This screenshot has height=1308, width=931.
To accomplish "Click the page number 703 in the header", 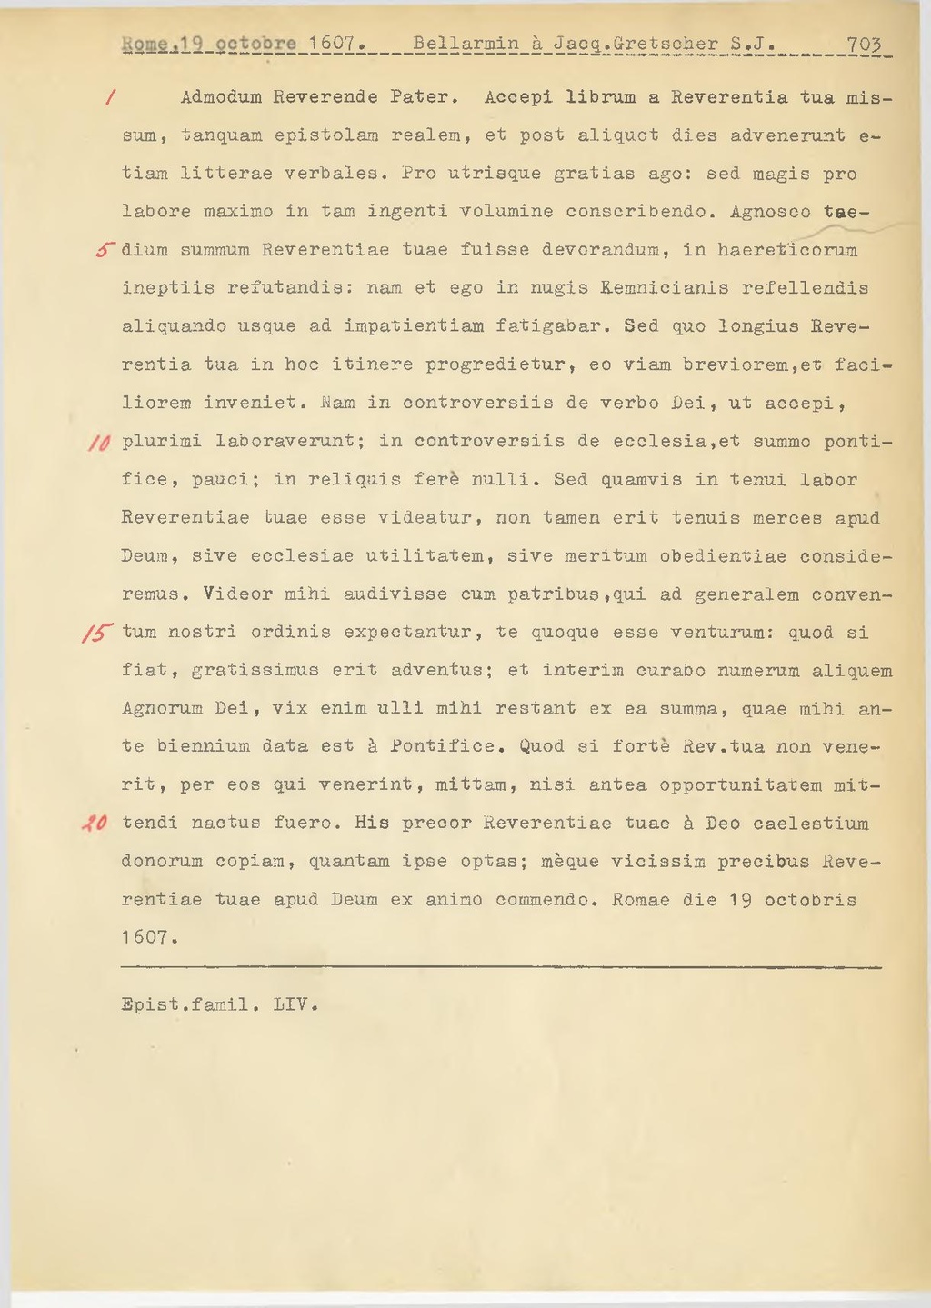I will click(x=865, y=44).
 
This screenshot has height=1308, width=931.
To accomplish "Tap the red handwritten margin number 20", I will click(x=95, y=824).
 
